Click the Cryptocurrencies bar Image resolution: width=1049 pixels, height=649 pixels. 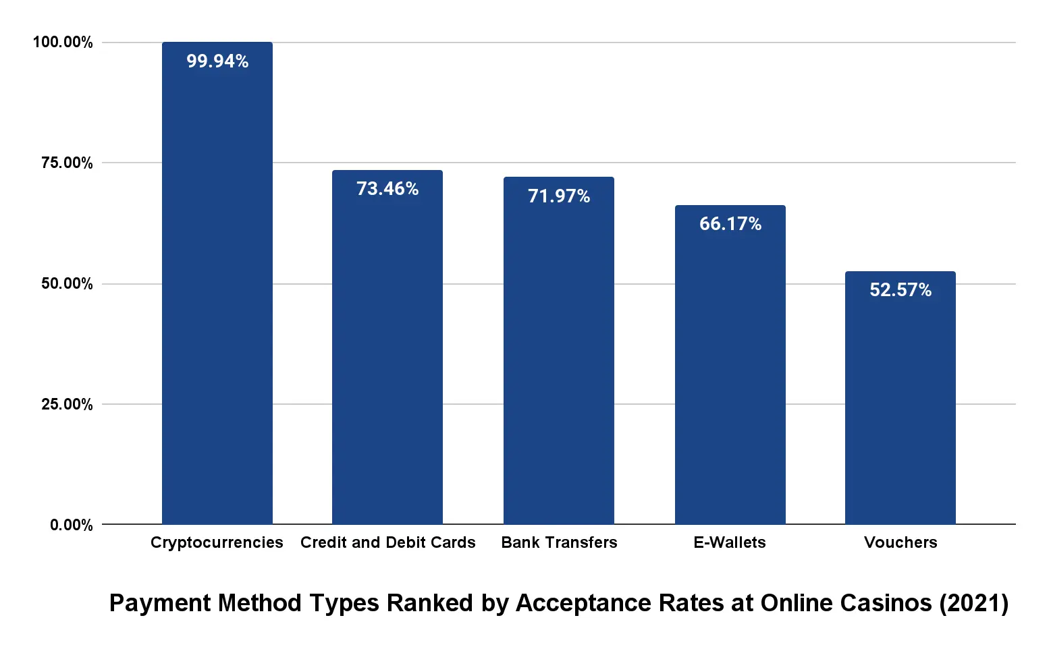point(217,283)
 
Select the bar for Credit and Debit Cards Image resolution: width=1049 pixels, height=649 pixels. point(387,347)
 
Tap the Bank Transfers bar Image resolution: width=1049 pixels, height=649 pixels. point(559,350)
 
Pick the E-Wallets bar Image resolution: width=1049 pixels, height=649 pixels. point(730,364)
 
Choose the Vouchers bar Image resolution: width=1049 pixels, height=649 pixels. point(900,398)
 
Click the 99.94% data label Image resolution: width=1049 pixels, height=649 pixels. point(217,61)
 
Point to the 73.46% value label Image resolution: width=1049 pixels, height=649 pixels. point(387,189)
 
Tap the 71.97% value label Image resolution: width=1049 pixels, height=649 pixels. point(559,196)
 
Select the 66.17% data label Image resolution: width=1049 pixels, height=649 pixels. point(730,224)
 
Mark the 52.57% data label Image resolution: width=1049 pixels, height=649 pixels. point(900,289)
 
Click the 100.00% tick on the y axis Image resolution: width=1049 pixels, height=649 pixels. point(63,42)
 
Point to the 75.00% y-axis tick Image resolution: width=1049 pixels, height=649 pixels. point(67,163)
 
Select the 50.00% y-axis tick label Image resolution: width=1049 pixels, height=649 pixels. point(67,283)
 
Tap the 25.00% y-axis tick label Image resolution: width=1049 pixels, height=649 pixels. point(67,404)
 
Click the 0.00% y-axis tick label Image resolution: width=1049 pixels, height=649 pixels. point(71,525)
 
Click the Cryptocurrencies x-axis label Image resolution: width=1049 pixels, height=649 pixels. point(217,542)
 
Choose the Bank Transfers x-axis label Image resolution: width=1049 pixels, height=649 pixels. point(559,542)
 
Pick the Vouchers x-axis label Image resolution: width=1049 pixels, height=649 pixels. point(900,542)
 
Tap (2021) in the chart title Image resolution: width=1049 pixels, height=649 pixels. point(973,603)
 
